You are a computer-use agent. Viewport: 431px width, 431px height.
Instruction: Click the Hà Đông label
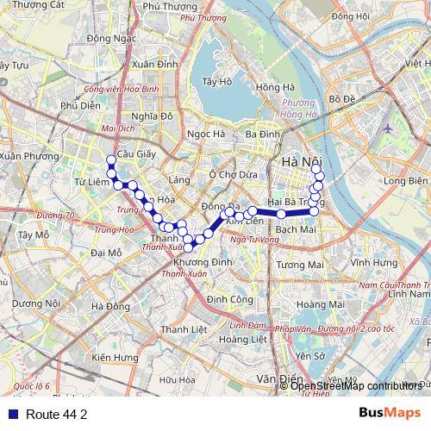click(109, 306)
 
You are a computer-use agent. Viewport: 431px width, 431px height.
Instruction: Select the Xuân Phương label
click(23, 156)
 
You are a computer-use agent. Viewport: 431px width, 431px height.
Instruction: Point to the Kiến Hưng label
click(115, 357)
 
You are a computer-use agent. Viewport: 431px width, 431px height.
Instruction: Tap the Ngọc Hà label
click(206, 134)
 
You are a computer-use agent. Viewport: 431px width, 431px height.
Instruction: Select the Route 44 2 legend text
click(57, 414)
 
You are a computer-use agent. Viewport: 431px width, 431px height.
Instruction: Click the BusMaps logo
click(397, 413)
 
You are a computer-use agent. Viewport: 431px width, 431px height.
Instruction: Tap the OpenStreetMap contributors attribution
click(356, 385)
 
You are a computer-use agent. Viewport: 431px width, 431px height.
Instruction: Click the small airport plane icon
click(387, 128)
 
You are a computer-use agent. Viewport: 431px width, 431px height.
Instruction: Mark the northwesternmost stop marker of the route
click(110, 159)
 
